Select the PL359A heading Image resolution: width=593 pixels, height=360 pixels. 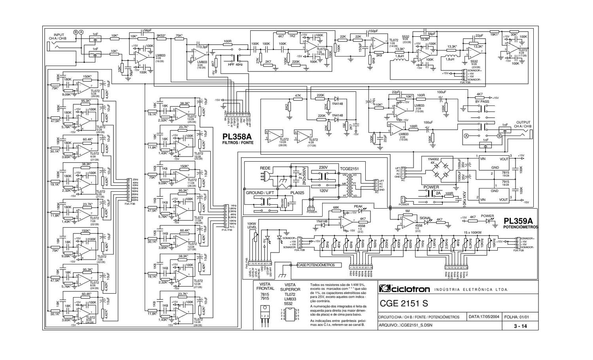coord(518,221)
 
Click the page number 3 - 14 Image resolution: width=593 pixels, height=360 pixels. coord(520,326)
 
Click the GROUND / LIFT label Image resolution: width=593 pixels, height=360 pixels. coord(260,193)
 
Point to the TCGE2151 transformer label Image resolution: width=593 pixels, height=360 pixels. coord(349,168)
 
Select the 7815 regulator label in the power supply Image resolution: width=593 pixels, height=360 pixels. coord(495,173)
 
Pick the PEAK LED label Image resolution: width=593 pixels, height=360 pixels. coord(358,206)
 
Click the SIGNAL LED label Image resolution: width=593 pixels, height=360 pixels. coord(425,218)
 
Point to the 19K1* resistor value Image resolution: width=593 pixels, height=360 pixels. coord(495,34)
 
